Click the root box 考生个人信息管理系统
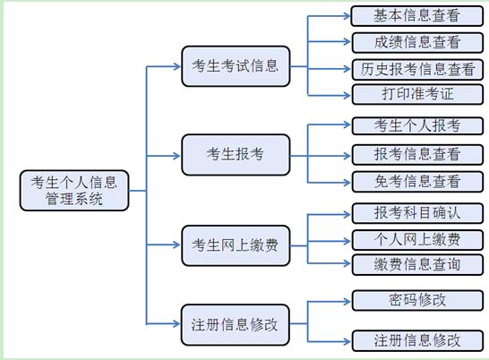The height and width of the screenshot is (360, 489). (74, 190)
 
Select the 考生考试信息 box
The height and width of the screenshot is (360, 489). (236, 66)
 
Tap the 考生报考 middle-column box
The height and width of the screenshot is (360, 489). (236, 155)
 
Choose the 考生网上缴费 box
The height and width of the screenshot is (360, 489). (236, 245)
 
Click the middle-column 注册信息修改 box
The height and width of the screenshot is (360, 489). (236, 325)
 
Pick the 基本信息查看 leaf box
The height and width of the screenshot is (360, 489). (417, 16)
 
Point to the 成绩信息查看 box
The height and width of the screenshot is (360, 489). (417, 42)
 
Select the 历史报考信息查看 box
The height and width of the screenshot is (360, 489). (417, 69)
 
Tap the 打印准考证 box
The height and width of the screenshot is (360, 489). (417, 94)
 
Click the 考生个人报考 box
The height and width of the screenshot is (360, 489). (417, 125)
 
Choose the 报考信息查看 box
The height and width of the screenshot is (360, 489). (417, 154)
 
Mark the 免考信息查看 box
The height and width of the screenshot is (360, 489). (417, 182)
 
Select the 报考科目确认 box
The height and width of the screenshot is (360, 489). (417, 213)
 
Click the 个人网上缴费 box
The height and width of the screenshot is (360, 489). (417, 240)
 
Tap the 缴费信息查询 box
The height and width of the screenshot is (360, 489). (417, 264)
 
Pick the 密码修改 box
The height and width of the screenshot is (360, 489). (417, 300)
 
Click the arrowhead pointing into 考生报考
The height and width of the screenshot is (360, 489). (176, 156)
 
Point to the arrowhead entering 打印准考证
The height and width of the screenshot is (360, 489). (347, 95)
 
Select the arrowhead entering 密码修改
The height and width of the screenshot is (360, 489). (347, 302)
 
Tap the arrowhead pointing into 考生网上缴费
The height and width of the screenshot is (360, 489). (176, 244)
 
